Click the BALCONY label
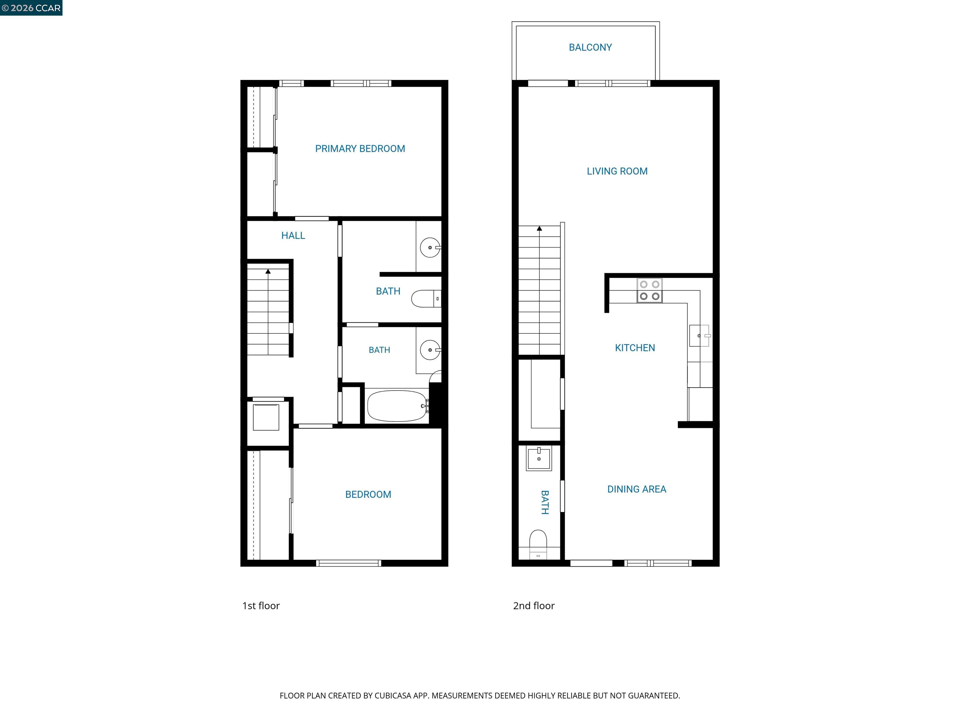tap(590, 47)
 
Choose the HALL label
tap(293, 236)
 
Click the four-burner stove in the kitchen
tap(650, 290)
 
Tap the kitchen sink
tap(699, 336)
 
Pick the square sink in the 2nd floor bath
tap(538, 459)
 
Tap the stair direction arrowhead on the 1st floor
tap(268, 272)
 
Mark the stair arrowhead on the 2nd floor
tap(539, 228)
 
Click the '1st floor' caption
tap(261, 606)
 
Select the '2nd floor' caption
tap(534, 606)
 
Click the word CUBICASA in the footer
tap(393, 696)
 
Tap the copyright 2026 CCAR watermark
tap(31, 8)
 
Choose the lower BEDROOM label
tap(368, 495)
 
